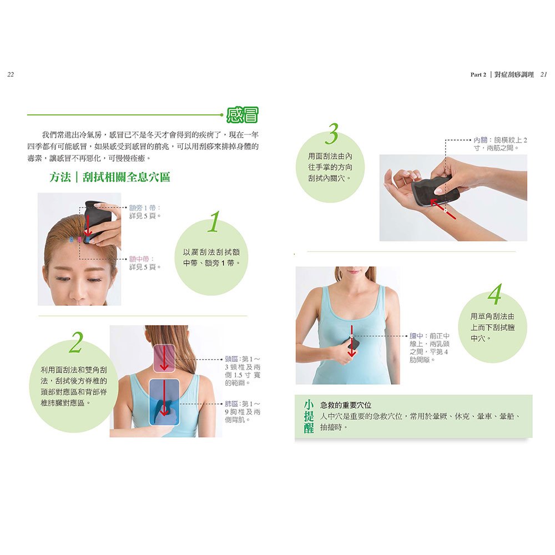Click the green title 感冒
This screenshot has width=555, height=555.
(242, 115)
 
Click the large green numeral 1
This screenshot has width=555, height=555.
(213, 223)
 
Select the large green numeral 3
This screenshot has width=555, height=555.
(332, 135)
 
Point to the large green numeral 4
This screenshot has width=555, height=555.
(494, 295)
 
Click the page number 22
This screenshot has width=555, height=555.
(10, 74)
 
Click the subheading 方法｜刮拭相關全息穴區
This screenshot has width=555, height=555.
(109, 178)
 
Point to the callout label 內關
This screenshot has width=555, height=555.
(481, 140)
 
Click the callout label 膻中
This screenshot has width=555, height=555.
(417, 336)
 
